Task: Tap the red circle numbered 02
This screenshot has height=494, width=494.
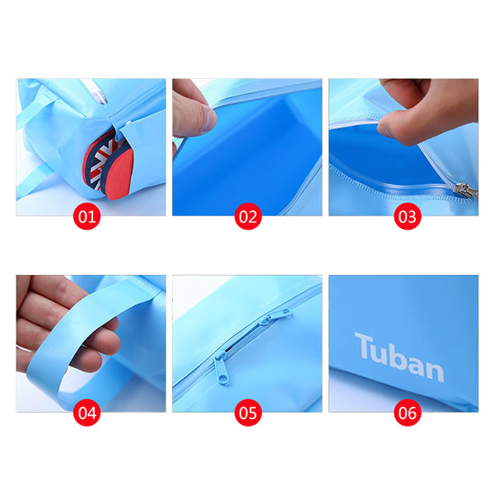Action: (247, 217)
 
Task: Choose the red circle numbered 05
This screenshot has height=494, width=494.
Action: (247, 412)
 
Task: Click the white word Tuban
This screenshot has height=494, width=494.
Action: (398, 358)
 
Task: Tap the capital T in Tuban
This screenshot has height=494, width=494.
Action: (365, 347)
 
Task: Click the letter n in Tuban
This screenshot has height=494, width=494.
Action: (434, 368)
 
